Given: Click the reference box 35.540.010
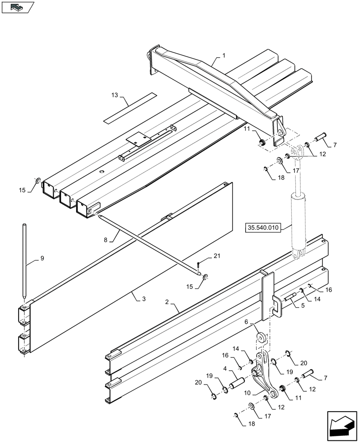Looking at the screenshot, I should (x=262, y=228).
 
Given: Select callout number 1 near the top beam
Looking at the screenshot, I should (x=224, y=56).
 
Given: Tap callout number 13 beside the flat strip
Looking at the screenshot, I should (x=115, y=95).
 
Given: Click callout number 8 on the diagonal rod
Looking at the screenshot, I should (x=106, y=240).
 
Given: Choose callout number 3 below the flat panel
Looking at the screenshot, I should (x=144, y=299).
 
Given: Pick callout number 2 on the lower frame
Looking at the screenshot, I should (x=167, y=302).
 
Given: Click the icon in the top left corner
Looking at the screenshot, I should (x=17, y=7).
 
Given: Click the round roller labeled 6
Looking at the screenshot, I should (x=260, y=338).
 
